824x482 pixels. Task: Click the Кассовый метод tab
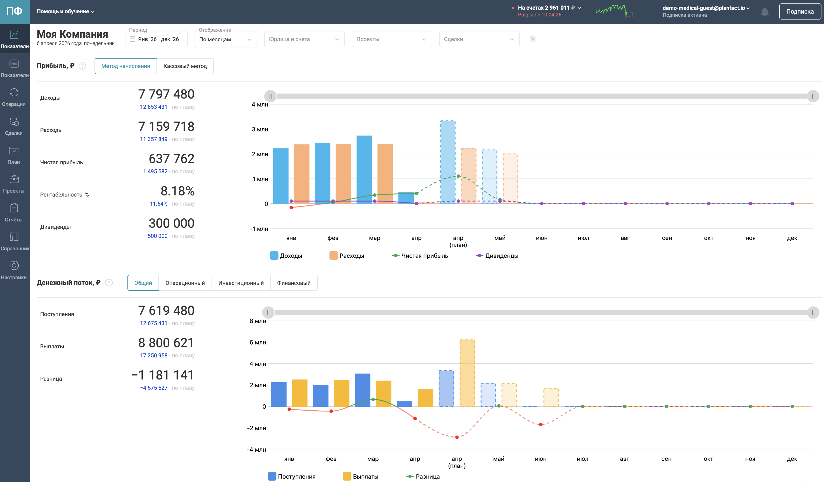coord(185,66)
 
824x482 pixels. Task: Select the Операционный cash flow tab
coord(185,283)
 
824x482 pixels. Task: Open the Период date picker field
coord(156,39)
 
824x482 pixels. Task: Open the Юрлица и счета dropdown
coord(304,39)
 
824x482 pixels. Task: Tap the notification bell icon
coord(765,12)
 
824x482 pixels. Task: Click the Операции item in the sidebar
coord(14,97)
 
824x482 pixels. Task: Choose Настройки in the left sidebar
coord(14,270)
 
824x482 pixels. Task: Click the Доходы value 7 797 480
coord(166,94)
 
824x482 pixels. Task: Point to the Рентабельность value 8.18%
coord(178,191)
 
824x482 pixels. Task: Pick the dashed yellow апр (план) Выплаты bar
coord(467,373)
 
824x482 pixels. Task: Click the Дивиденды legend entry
coord(497,256)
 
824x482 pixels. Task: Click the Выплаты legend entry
coord(361,476)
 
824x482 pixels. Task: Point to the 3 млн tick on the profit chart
coord(260,129)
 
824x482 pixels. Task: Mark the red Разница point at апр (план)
coord(457,437)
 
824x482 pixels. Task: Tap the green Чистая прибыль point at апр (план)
coord(458,176)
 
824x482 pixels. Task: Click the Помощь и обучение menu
coord(65,11)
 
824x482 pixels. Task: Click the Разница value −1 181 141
coord(163,375)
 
